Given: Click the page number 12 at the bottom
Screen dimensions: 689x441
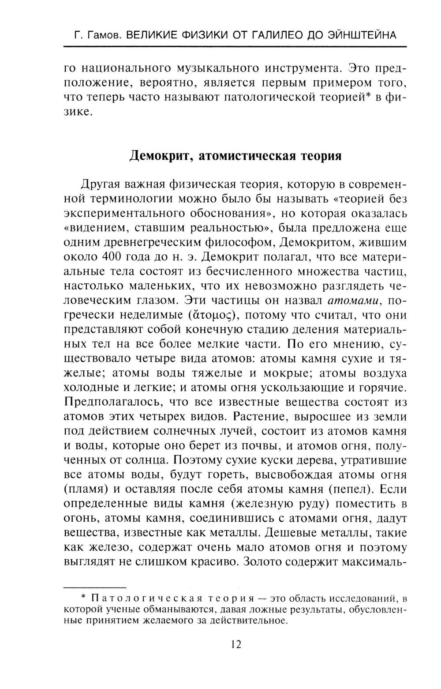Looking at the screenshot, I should pos(235,644).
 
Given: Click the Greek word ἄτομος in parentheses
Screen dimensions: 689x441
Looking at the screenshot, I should pos(213,316).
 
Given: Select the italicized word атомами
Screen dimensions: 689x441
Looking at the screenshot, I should pos(354,301).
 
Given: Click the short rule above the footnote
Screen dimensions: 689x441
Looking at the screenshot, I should pos(95,587).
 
